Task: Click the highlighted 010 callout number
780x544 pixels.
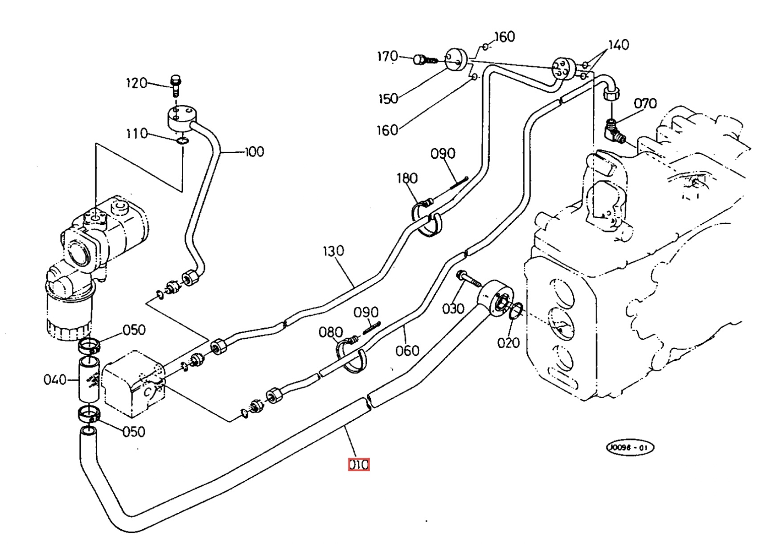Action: [x=359, y=465]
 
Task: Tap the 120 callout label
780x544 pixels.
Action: [x=136, y=83]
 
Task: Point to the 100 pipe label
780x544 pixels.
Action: [x=255, y=152]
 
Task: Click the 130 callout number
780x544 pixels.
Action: [x=334, y=251]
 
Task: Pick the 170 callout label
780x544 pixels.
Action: [x=387, y=57]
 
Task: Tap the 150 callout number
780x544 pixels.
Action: [x=388, y=99]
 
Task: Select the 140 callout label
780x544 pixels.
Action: [x=619, y=45]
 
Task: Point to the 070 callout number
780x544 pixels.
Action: [x=645, y=104]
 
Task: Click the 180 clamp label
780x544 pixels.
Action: [x=407, y=178]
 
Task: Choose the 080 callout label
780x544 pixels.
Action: [x=330, y=332]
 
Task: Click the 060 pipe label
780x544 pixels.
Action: [x=407, y=350]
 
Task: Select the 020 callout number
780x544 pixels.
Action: [x=509, y=342]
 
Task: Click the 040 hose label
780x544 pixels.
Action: [x=55, y=379]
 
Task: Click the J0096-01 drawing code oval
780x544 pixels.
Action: [x=629, y=448]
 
